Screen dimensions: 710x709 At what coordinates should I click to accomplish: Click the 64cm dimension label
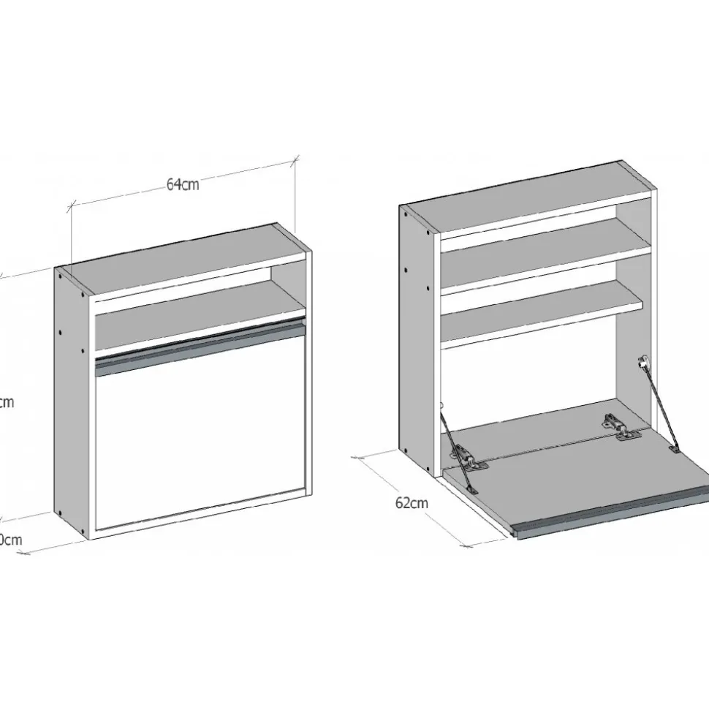[x=183, y=184]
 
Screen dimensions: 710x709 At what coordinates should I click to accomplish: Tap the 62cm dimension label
[x=412, y=502]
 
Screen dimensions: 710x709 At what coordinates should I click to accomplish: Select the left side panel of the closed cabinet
[x=72, y=402]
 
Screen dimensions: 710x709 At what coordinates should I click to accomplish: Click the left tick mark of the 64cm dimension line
[x=72, y=206]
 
